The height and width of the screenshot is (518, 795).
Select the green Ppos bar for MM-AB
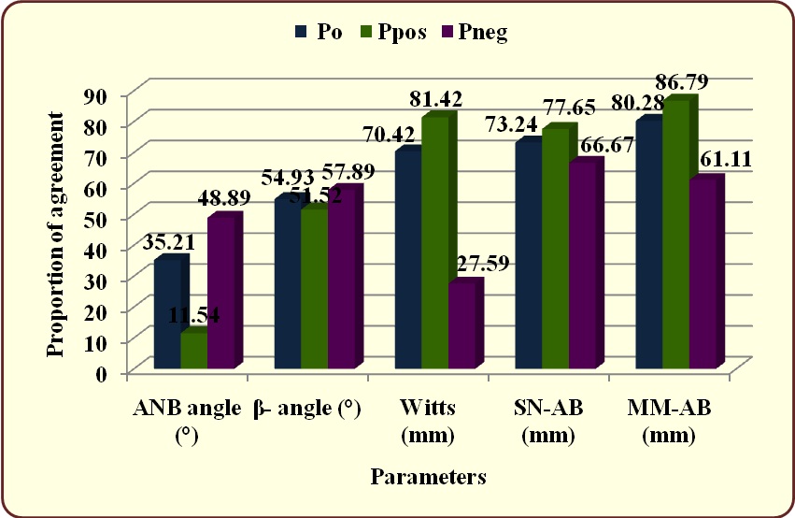click(675, 234)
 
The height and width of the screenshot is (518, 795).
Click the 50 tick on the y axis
click(95, 218)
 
